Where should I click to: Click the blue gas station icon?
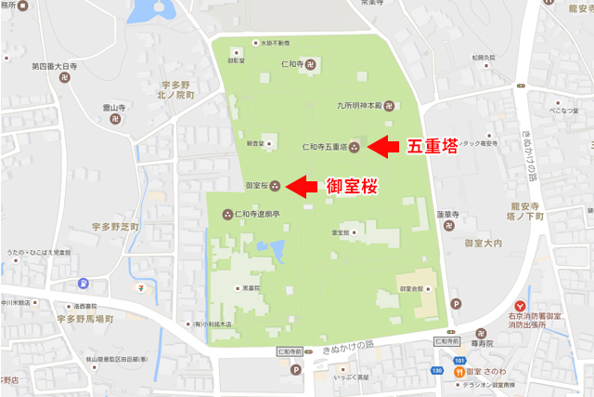[x=84, y=284]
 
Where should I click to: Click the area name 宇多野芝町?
[x=111, y=227]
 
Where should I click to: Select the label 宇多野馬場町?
[x=83, y=318]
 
